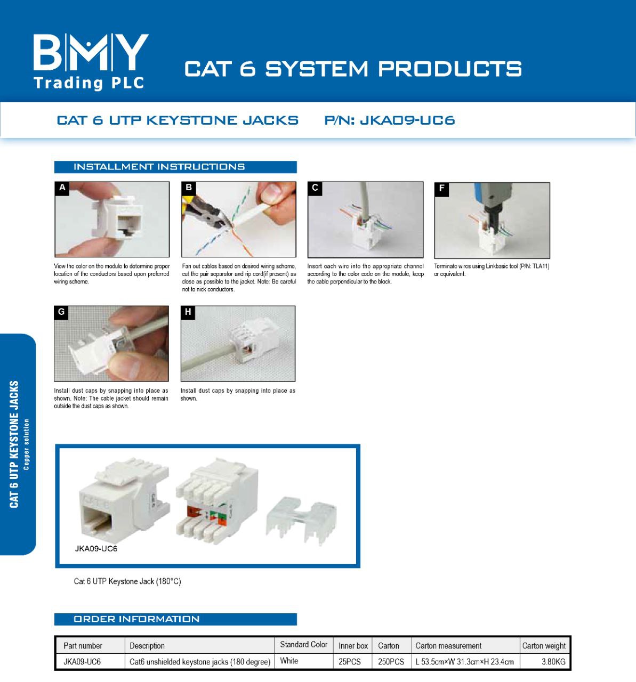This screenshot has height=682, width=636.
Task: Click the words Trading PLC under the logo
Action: click(x=88, y=83)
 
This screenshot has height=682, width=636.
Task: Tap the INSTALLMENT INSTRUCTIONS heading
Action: click(x=159, y=167)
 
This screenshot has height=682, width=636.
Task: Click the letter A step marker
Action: click(x=62, y=188)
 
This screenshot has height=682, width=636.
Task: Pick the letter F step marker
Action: click(x=441, y=189)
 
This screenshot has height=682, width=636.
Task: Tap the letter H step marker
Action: click(x=188, y=312)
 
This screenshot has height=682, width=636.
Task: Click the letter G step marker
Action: click(x=61, y=312)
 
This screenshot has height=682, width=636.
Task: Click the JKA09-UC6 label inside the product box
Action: click(x=96, y=549)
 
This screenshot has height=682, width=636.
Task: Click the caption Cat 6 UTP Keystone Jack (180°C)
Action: click(x=127, y=581)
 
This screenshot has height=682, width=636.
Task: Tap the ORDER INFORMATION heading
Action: click(x=136, y=619)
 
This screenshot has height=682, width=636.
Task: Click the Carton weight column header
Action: click(x=544, y=646)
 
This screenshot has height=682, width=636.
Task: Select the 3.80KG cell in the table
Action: click(x=553, y=662)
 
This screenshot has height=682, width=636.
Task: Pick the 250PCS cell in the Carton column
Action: click(x=391, y=662)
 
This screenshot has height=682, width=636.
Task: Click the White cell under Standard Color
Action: click(x=289, y=661)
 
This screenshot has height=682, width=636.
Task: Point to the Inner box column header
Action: click(x=353, y=646)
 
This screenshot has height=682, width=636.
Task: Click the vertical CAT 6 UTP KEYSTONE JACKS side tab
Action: click(x=15, y=444)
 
